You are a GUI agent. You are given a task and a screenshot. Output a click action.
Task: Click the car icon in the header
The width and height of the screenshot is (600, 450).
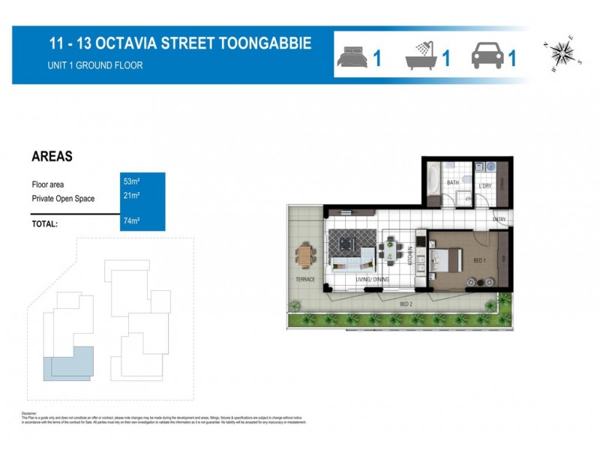click(486, 56)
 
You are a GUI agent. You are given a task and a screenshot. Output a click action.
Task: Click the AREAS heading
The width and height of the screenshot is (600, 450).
click(52, 157)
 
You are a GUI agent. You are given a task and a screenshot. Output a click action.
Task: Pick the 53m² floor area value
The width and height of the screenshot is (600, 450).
click(132, 181)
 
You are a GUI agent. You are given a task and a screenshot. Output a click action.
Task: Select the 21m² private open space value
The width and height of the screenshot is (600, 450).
click(132, 196)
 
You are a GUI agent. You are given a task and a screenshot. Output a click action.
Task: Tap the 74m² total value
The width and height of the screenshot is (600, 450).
click(132, 220)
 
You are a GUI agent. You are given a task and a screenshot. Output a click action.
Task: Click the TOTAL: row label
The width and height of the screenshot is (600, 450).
click(45, 223)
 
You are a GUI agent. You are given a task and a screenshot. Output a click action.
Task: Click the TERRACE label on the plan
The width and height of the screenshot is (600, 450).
click(305, 280)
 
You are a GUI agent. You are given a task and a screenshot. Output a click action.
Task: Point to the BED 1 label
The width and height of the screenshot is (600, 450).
click(480, 259)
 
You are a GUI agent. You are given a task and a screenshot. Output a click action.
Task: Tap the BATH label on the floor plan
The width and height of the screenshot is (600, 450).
click(453, 182)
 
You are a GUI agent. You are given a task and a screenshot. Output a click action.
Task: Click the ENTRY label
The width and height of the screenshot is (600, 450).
click(499, 220)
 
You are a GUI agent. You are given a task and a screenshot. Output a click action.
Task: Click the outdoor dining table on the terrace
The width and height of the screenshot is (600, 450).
click(306, 255)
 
